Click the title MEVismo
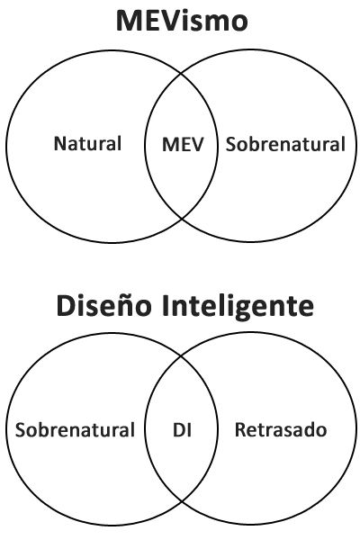point(182,21)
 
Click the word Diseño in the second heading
point(103,305)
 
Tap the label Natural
point(87,144)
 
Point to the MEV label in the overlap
point(183,144)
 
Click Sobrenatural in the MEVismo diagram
point(285,144)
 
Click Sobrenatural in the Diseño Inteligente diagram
point(75,430)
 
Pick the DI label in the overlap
point(182,430)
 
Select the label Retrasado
point(281,430)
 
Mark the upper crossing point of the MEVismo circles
point(182,74)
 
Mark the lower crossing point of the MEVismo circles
point(182,219)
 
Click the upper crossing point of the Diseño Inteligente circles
point(182,356)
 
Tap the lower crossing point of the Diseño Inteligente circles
point(182,502)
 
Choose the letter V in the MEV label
point(197,144)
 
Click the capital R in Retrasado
point(240,430)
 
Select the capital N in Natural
point(60,144)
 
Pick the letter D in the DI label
point(179,430)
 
